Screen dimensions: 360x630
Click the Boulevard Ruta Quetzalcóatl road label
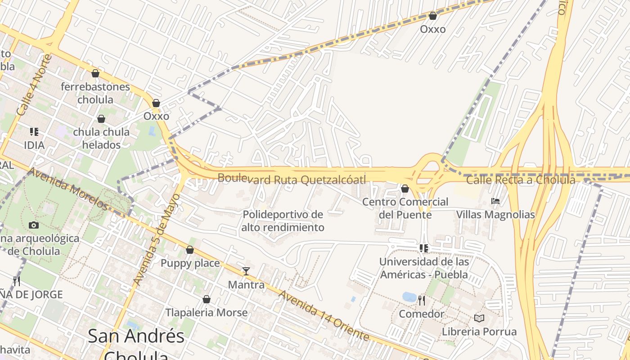tap(292, 179)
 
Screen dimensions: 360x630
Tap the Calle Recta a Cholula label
tap(520, 180)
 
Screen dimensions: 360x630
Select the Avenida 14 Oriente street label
tap(324, 315)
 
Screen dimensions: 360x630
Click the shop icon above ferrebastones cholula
tap(95, 73)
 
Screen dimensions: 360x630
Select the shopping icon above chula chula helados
tap(101, 119)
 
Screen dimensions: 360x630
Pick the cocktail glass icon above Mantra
tap(246, 271)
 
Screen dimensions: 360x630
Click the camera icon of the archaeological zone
tap(34, 225)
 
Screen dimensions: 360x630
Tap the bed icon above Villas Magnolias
tap(495, 201)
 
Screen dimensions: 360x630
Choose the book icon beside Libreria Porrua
tap(479, 319)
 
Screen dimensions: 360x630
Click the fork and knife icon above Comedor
tap(422, 300)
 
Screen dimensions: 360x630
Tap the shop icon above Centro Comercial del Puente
tap(405, 189)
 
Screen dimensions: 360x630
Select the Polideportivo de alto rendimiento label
tap(283, 221)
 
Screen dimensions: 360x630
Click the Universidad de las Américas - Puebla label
tap(423, 268)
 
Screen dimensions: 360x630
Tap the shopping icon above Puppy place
tap(190, 250)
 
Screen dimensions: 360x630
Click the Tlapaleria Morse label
tap(206, 313)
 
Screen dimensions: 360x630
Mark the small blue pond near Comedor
tap(409, 297)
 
